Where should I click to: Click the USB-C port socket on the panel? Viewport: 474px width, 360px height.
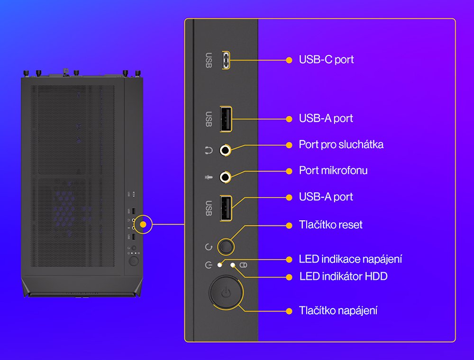tap(227, 60)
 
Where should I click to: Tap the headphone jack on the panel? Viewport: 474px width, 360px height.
tap(226, 151)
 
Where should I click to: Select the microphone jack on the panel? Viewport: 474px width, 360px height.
tap(226, 177)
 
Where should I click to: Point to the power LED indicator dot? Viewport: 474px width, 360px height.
tap(219, 265)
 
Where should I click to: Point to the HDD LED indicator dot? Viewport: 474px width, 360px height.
tap(233, 265)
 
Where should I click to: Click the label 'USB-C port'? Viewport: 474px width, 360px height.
tap(326, 60)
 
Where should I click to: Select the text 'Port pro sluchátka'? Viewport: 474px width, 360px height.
tap(341, 144)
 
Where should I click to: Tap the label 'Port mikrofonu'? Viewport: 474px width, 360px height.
tap(333, 171)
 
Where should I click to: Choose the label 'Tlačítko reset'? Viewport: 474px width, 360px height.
tap(330, 225)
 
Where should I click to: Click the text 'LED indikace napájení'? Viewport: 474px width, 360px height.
tap(350, 259)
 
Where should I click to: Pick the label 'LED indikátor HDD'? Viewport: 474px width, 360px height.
tap(343, 276)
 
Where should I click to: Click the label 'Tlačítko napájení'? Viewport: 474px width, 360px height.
tap(338, 311)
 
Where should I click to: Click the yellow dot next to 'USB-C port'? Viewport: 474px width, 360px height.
tap(289, 60)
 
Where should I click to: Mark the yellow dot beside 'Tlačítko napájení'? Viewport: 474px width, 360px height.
tap(289, 311)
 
